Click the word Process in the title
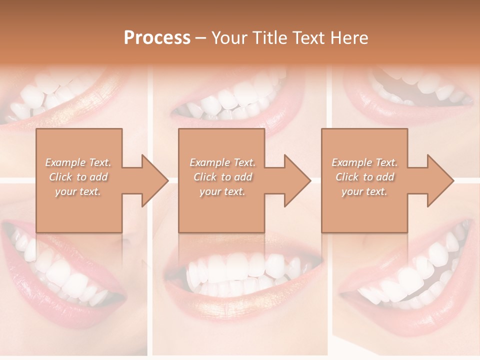click(x=157, y=38)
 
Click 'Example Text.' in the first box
click(x=78, y=162)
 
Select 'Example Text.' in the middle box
click(x=222, y=162)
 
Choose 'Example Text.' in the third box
click(x=364, y=162)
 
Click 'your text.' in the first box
click(x=78, y=191)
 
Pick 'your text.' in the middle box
click(x=222, y=191)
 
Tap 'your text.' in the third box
click(x=364, y=191)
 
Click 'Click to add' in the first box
click(x=78, y=177)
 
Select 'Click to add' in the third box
click(x=364, y=177)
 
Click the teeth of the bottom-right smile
click(x=410, y=280)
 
